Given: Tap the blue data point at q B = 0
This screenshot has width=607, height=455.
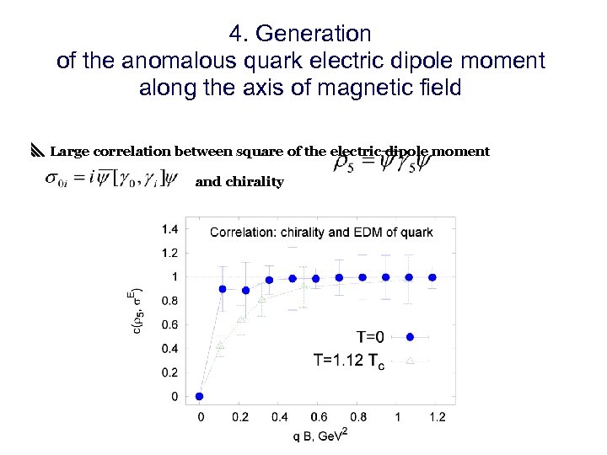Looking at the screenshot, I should (200, 396).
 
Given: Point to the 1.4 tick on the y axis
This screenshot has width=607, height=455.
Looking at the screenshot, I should (169, 228).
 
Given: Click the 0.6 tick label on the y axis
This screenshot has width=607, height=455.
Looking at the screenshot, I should (169, 324).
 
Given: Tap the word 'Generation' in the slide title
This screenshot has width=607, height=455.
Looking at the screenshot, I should (314, 34).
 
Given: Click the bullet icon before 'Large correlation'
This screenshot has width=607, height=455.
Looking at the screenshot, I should (36, 152).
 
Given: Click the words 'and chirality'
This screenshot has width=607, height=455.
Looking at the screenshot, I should (239, 182).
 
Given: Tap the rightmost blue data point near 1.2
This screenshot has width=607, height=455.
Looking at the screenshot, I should (432, 277).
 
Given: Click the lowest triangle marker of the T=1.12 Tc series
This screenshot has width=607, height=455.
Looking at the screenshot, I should (221, 345).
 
